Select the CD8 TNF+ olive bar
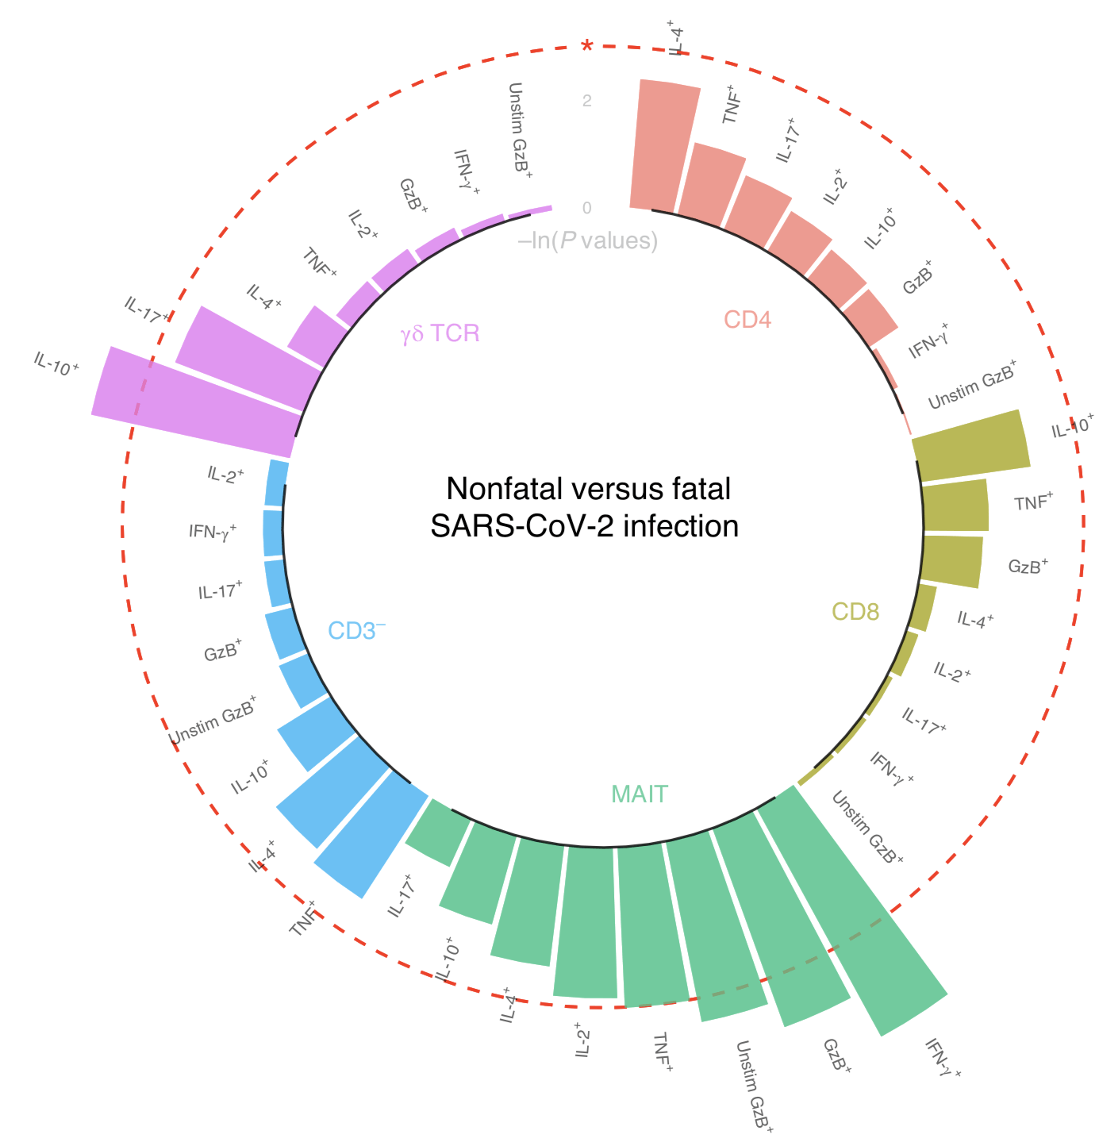click(956, 506)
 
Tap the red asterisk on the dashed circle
click(587, 46)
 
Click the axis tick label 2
click(586, 101)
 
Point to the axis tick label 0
click(586, 208)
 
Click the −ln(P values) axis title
click(588, 240)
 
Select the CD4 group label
click(747, 320)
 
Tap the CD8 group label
click(855, 612)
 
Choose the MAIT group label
click(640, 794)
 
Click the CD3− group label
click(357, 630)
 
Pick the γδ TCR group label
click(440, 333)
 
